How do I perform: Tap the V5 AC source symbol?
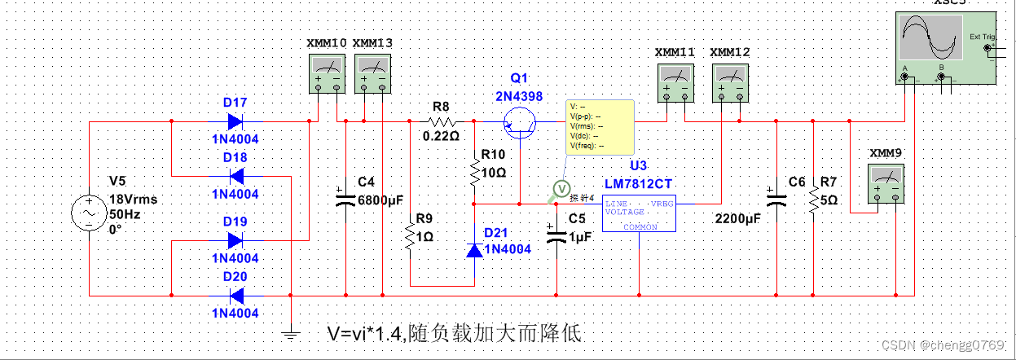pyautogui.click(x=88, y=213)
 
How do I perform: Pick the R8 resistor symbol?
pyautogui.click(x=441, y=121)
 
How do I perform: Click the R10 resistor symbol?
pyautogui.click(x=474, y=173)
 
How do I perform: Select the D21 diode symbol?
pyautogui.click(x=474, y=248)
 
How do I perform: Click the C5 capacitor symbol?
pyautogui.click(x=557, y=235)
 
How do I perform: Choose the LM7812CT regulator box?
pyautogui.click(x=639, y=213)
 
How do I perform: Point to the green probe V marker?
pyautogui.click(x=561, y=189)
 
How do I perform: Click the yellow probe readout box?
pyautogui.click(x=600, y=126)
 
